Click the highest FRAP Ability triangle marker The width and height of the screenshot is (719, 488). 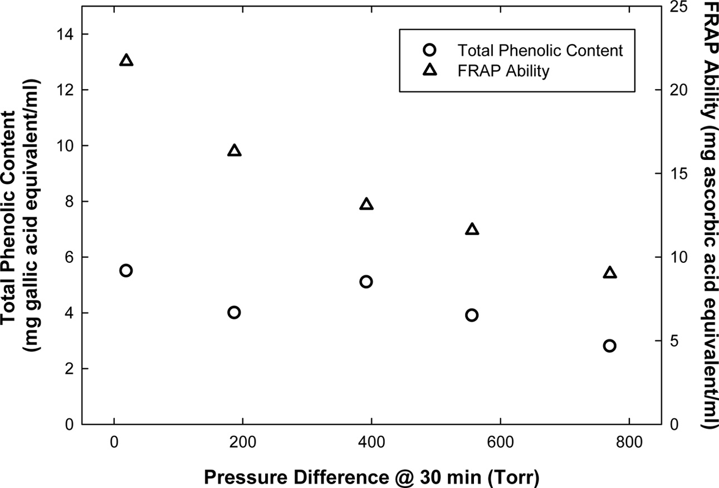point(126,61)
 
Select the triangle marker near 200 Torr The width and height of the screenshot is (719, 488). point(234,151)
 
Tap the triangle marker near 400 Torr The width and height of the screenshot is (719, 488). point(366,204)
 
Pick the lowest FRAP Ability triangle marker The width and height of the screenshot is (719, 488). point(610,273)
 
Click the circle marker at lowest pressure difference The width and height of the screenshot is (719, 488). point(126,271)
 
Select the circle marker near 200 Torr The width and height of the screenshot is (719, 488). point(234,313)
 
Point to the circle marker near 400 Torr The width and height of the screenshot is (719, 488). point(366,282)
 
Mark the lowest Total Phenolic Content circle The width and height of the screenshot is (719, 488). point(609,346)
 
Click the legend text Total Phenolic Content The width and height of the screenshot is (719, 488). point(540,51)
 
